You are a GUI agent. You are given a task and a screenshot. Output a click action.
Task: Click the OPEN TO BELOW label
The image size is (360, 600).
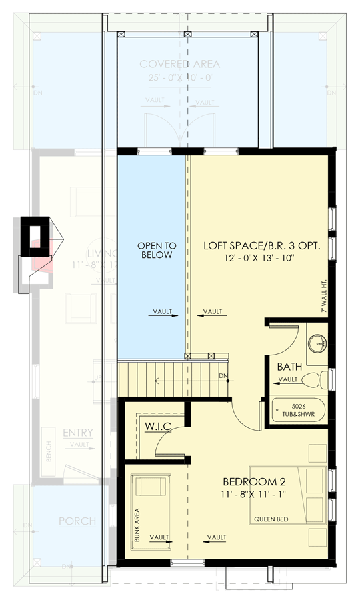[156, 250]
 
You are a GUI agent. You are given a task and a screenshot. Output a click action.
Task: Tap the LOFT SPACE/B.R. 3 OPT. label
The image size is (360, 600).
[262, 245]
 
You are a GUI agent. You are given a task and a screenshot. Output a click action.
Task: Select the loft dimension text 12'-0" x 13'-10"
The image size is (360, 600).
[262, 257]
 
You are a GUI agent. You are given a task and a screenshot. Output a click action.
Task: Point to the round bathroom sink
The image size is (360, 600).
[318, 343]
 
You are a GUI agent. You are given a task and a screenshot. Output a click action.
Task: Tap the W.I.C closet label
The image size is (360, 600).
[158, 425]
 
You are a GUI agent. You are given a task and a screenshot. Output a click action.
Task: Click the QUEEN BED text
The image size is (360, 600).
[271, 519]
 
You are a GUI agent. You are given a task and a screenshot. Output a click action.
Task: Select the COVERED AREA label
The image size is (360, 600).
[179, 64]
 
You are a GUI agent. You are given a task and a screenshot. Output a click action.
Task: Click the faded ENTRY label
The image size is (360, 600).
[77, 433]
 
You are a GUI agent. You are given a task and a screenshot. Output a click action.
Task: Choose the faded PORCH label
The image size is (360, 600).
[77, 521]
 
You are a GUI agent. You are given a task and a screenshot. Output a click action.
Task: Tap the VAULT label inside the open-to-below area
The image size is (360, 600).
[163, 311]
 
